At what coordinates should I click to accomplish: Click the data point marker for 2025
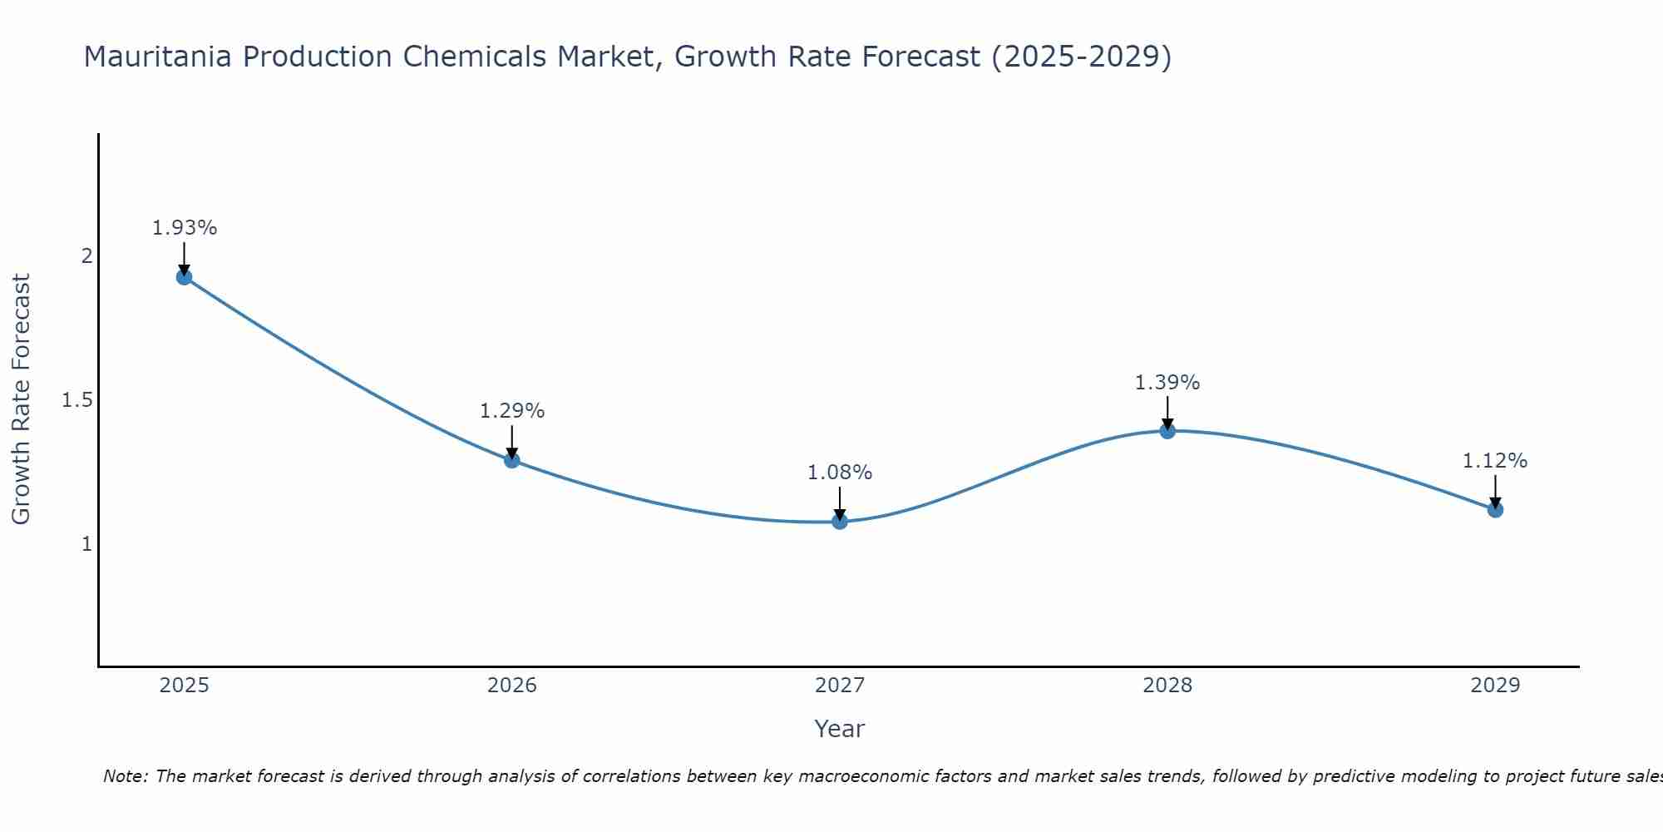click(185, 277)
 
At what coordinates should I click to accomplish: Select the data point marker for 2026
click(512, 460)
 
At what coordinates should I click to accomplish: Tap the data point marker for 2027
click(840, 522)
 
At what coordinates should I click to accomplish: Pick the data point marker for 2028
click(1167, 431)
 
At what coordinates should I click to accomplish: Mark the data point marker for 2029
click(1495, 509)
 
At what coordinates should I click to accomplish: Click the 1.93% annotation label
click(185, 228)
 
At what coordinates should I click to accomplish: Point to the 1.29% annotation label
click(512, 411)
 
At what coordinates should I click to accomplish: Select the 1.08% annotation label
click(840, 473)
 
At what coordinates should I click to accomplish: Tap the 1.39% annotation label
click(1167, 383)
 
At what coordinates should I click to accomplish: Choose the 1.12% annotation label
click(1495, 461)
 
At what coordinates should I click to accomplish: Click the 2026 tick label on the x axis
click(512, 686)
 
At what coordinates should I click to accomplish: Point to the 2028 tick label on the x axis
click(1167, 686)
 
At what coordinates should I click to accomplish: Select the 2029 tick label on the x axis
click(1495, 686)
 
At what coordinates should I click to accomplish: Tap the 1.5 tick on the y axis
click(77, 400)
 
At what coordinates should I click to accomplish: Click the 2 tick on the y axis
click(86, 256)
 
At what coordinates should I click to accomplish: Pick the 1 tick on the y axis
click(86, 544)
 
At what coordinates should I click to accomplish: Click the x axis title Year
click(840, 729)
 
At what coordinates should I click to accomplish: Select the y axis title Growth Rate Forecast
click(22, 399)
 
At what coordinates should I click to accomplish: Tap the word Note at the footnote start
click(125, 776)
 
